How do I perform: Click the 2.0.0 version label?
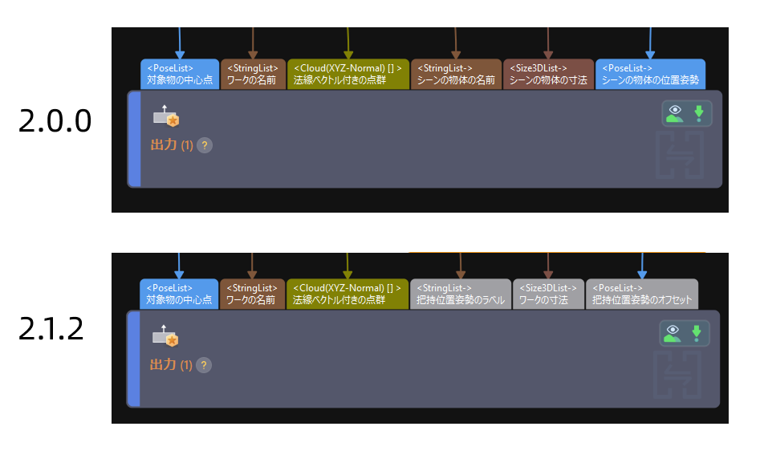tap(55, 121)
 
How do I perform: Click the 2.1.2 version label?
tap(51, 330)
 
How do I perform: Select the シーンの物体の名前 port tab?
tap(456, 74)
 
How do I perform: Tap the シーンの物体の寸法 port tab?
tap(548, 74)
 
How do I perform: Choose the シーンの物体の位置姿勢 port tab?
tap(650, 74)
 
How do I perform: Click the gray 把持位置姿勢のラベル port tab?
tap(461, 294)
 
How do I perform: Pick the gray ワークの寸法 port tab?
tap(548, 294)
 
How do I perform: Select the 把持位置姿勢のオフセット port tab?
tap(641, 294)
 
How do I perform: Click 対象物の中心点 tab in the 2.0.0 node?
tap(179, 74)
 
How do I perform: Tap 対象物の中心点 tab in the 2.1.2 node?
tap(179, 294)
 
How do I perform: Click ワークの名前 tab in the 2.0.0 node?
tap(253, 74)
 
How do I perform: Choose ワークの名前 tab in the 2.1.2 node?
tap(252, 294)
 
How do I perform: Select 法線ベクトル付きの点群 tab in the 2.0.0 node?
tap(347, 74)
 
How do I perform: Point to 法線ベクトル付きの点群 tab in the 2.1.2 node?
tap(347, 294)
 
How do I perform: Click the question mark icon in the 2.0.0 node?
tap(205, 145)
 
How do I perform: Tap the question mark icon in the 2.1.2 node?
tap(204, 365)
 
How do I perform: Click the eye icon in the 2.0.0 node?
tap(675, 113)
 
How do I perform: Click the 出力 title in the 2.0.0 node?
tap(163, 145)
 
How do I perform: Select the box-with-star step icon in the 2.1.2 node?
tap(166, 337)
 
